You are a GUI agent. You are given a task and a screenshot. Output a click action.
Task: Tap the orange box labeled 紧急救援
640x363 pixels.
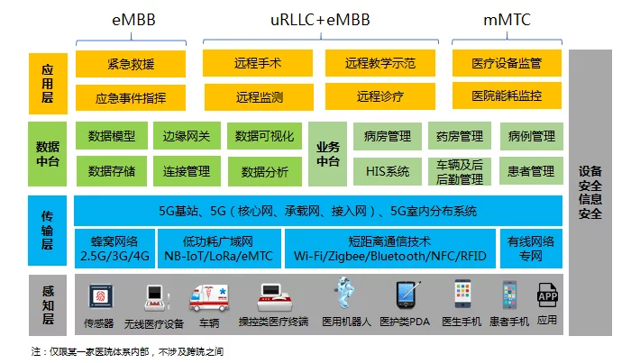(132, 64)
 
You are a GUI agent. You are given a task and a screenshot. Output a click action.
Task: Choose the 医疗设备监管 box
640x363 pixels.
(507, 64)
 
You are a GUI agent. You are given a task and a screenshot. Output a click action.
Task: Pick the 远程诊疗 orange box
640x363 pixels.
(379, 95)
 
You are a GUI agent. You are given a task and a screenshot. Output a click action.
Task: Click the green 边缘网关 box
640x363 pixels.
(187, 137)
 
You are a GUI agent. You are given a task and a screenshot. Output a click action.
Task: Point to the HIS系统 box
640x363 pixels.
(387, 170)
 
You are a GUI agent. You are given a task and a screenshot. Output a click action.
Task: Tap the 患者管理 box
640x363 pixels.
(531, 170)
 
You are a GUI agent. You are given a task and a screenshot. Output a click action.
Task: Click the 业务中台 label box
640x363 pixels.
(328, 154)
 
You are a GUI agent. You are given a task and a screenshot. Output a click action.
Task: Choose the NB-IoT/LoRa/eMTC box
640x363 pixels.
(218, 249)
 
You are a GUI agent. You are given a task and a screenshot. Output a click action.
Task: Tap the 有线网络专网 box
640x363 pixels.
(531, 249)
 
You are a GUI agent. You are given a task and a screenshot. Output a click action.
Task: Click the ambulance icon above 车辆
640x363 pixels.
(209, 296)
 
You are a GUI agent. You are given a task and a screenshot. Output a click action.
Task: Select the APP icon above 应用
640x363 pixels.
(546, 295)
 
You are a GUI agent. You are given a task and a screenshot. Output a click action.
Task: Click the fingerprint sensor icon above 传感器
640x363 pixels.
(99, 296)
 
